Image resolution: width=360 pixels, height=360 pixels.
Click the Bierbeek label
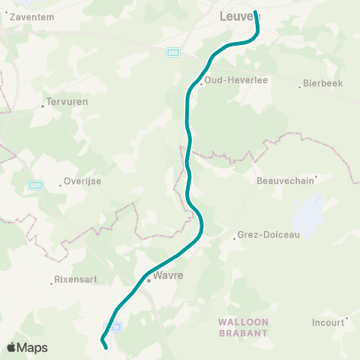[323, 83]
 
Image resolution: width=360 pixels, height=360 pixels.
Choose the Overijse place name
[82, 181]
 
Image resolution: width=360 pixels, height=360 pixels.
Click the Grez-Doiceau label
[268, 235]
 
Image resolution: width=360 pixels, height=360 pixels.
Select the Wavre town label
[168, 275]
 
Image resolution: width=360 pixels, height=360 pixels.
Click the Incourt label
[328, 323]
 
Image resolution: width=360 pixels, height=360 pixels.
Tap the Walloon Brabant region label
[243, 326]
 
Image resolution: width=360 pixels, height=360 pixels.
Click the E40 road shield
[173, 52]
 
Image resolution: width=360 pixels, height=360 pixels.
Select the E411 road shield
[36, 185]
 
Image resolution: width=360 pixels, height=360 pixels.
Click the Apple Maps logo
[27, 347]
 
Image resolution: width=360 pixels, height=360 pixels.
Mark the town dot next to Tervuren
[43, 106]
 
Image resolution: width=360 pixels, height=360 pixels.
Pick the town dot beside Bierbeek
[301, 84]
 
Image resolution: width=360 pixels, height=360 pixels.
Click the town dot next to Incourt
[346, 319]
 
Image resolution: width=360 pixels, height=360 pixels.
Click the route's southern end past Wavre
[105, 347]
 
